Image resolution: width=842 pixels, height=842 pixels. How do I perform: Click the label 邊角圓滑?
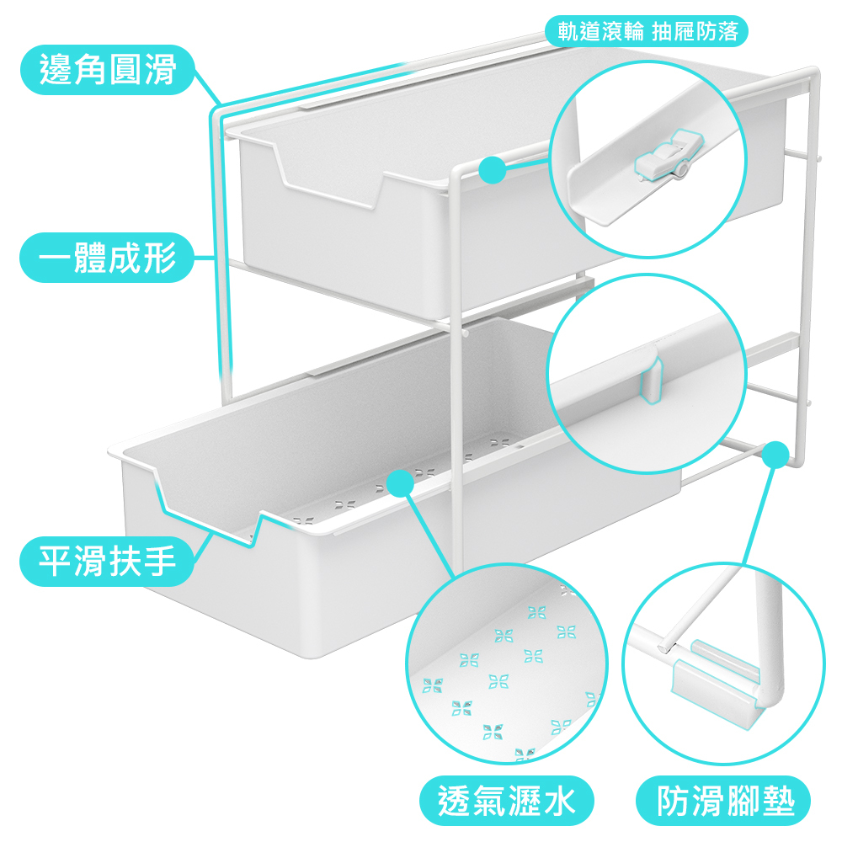point(107,70)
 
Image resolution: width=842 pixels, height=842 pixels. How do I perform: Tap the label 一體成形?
point(107,258)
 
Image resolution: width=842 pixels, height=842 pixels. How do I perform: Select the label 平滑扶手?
point(107,561)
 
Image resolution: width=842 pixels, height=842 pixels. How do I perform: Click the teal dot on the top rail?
point(492,169)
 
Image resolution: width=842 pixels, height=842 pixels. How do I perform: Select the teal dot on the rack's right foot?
point(776,455)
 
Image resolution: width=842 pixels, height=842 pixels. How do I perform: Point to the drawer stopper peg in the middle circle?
point(653,375)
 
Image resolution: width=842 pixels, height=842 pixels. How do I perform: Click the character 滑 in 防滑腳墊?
point(707,800)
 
